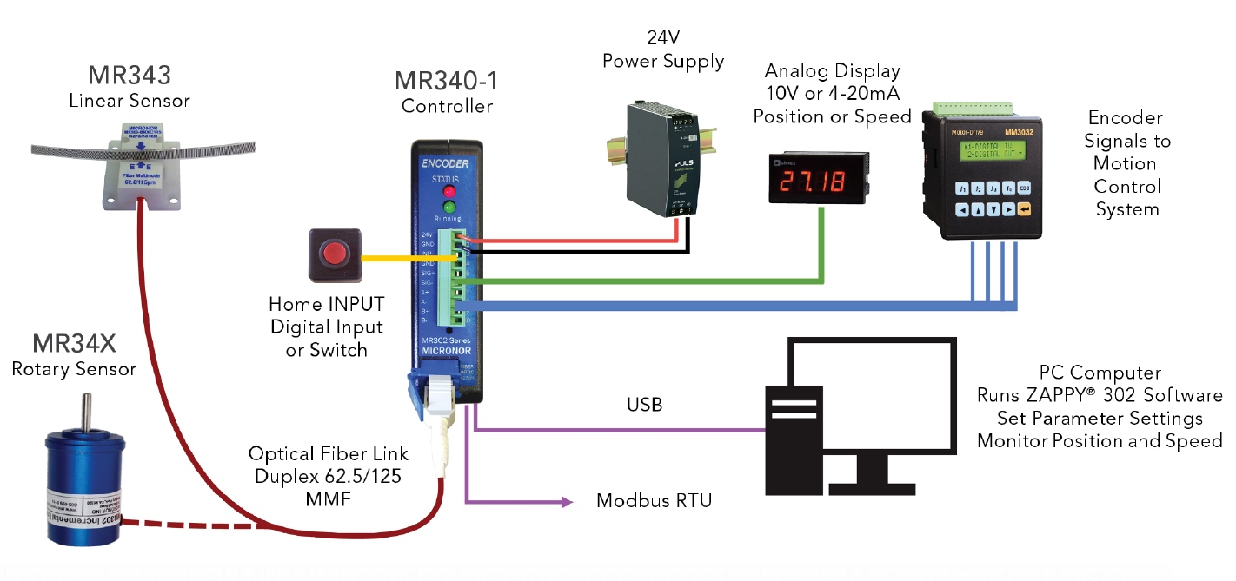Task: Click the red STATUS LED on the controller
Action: click(x=449, y=190)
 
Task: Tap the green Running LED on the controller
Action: click(x=449, y=207)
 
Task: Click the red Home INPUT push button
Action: click(x=332, y=254)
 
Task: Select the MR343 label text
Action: click(x=129, y=75)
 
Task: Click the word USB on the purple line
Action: click(x=644, y=405)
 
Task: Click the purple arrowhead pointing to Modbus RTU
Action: click(x=568, y=501)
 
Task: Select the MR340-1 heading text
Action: click(x=447, y=81)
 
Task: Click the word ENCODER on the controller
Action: click(x=447, y=163)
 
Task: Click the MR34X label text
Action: click(x=74, y=344)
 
